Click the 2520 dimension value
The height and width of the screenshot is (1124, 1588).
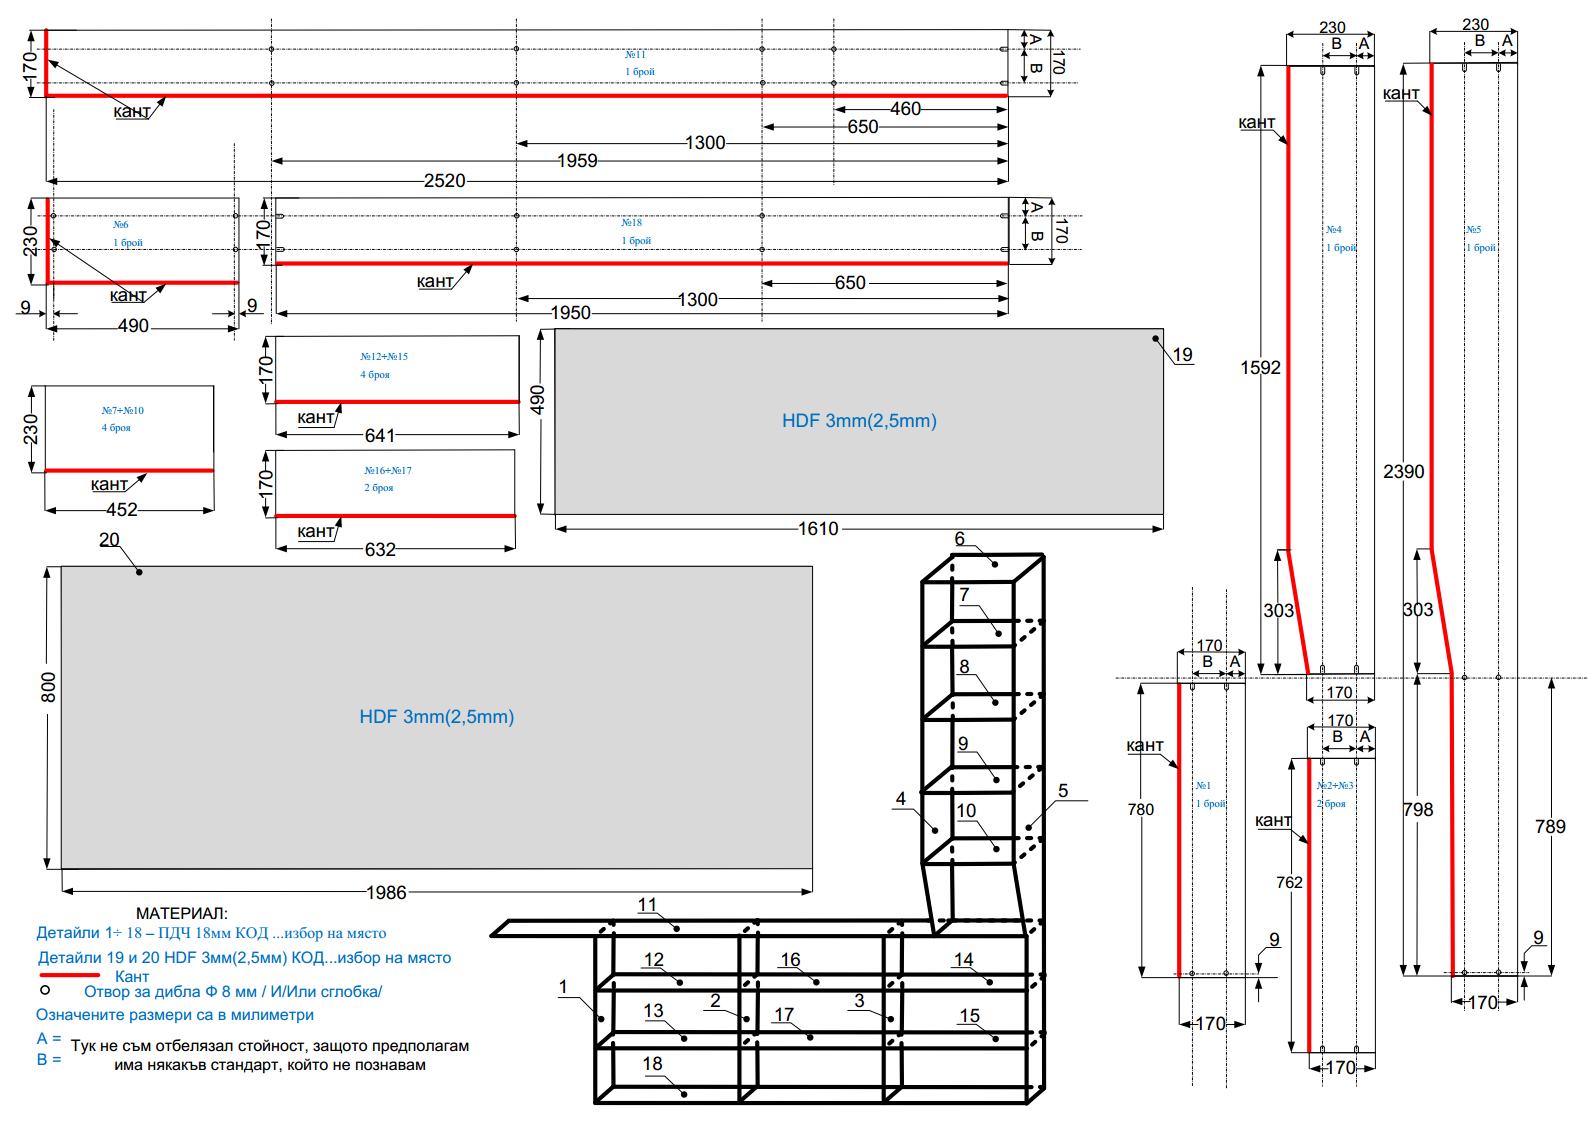(444, 181)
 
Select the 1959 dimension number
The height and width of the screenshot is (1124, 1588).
(577, 161)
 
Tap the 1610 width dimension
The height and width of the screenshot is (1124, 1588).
(818, 528)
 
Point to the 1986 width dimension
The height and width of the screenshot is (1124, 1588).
(386, 892)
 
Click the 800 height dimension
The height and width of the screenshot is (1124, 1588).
(48, 687)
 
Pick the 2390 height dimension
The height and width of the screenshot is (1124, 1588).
(1403, 471)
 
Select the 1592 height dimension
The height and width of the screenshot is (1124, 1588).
(1260, 367)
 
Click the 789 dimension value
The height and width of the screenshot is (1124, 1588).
(1550, 826)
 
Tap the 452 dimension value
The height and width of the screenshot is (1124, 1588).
(122, 510)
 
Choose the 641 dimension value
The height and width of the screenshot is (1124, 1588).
(380, 435)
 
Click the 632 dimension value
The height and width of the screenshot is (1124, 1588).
(380, 549)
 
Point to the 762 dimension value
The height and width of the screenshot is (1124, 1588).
(1290, 882)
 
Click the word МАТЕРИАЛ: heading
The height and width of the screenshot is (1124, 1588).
(182, 913)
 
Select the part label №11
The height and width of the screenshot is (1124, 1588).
(636, 54)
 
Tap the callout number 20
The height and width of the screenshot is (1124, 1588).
(109, 540)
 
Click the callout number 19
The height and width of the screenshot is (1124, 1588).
(1183, 354)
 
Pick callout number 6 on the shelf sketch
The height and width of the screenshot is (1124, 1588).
(960, 539)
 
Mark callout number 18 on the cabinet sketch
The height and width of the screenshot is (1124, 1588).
(653, 1063)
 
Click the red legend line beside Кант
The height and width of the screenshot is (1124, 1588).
(69, 975)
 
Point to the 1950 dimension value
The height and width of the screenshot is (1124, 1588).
(571, 313)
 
